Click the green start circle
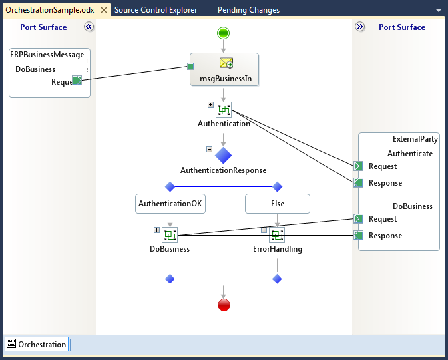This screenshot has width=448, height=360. pos(223,33)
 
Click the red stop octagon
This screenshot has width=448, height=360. pos(224,305)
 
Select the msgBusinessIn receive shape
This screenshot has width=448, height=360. pos(224,69)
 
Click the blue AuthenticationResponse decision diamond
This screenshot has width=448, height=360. pos(223,156)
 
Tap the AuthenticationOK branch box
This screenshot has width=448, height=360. pos(170,204)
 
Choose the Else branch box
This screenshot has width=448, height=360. pos(278,204)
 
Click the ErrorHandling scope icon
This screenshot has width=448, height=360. pos(277,235)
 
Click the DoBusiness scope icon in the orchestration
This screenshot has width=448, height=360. pos(170,235)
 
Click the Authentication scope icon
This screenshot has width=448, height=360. pos(224,110)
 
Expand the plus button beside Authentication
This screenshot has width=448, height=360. pos(210,105)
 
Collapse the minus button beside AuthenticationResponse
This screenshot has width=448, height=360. pos(210,149)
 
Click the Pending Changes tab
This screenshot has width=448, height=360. pos(248,10)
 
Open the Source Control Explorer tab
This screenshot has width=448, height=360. pos(156,10)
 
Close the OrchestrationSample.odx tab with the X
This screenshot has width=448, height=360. pos(104,10)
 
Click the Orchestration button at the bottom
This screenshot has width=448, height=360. pos(37,344)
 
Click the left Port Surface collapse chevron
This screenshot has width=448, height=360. pos(89,27)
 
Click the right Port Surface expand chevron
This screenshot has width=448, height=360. pos(359,27)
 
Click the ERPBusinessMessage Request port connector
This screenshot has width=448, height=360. pos(77,81)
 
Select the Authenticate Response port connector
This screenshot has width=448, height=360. pos(359,182)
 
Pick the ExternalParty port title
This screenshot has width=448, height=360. pos(415,139)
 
